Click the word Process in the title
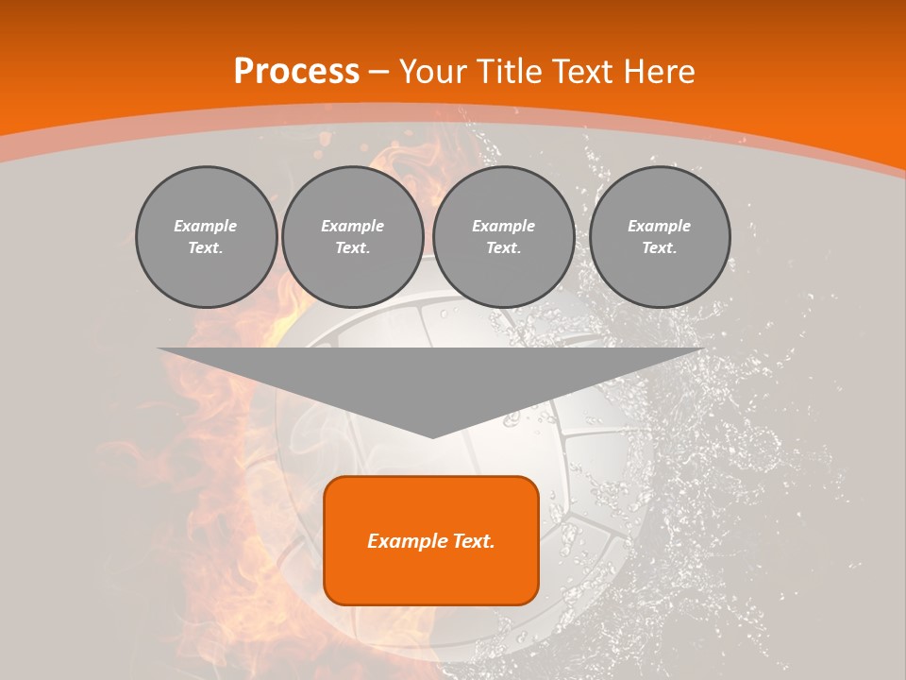(296, 72)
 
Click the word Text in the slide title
(582, 72)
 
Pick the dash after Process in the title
(379, 73)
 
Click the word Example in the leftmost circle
(206, 226)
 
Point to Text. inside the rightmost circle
(660, 247)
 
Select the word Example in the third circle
(503, 226)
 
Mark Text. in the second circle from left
(352, 247)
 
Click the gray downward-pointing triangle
(431, 378)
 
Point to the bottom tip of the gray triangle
(432, 436)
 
